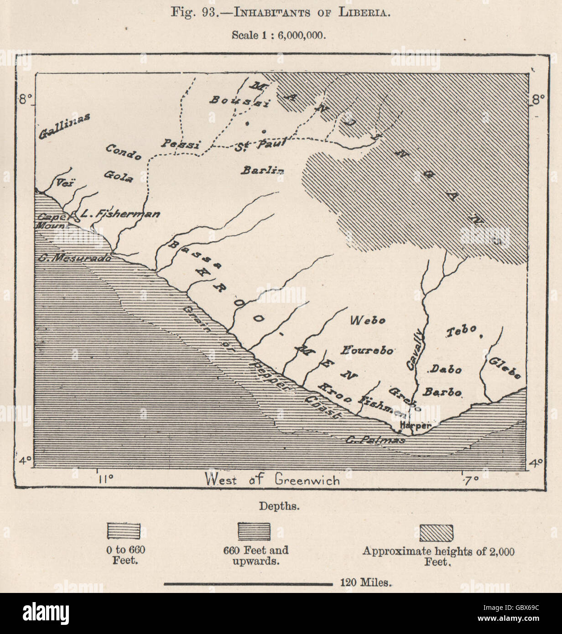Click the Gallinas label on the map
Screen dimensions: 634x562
64,126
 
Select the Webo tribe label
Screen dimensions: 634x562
368,320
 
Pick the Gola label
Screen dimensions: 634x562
119,176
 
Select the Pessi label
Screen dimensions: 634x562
181,145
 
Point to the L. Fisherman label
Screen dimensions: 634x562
120,213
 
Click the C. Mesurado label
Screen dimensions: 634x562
73,257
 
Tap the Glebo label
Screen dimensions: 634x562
505,368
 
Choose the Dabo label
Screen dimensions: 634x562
446,369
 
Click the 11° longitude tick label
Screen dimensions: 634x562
106,479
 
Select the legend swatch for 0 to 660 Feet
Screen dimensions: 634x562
124,532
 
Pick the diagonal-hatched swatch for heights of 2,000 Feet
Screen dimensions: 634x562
436,532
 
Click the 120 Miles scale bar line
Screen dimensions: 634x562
248,583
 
